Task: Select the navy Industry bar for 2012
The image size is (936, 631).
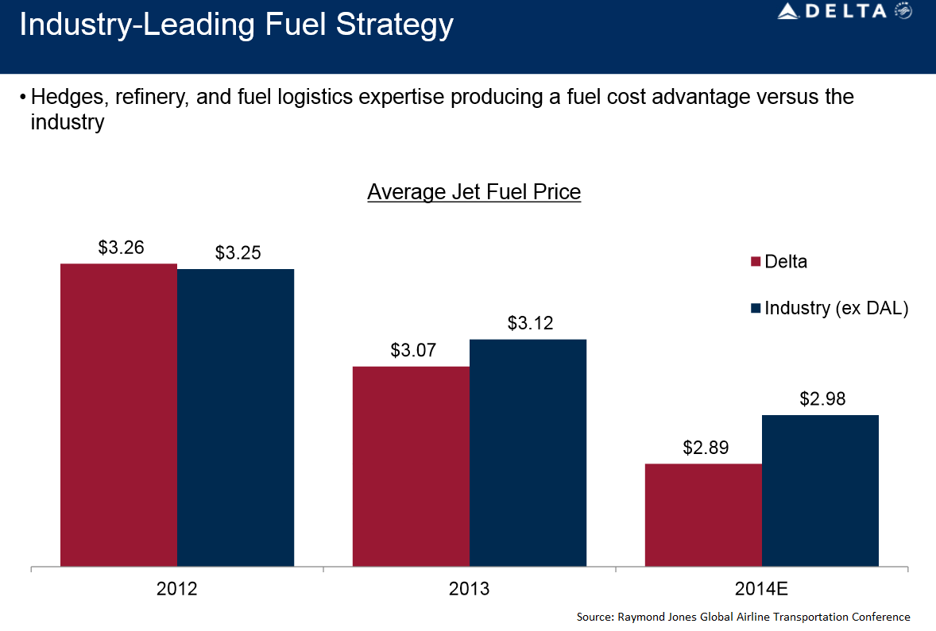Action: (235, 417)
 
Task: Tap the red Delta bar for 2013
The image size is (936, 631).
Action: (411, 467)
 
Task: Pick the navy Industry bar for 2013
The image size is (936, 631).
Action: (528, 453)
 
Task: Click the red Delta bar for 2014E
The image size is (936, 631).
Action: (703, 515)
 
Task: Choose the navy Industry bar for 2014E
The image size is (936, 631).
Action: (820, 491)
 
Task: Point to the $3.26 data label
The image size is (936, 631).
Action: (121, 247)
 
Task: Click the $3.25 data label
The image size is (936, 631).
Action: (238, 253)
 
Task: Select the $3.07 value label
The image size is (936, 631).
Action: (413, 350)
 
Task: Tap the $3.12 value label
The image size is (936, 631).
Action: (530, 323)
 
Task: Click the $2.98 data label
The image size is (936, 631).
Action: (822, 398)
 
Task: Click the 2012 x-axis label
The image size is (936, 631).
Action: (176, 589)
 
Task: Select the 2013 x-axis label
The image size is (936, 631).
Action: (469, 589)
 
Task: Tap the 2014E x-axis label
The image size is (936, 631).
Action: (761, 589)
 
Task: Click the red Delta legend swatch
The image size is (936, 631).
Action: (755, 262)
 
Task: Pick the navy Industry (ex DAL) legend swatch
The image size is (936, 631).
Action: (755, 308)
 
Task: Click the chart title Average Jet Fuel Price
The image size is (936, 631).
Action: (474, 192)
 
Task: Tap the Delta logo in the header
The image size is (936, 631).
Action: (843, 11)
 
